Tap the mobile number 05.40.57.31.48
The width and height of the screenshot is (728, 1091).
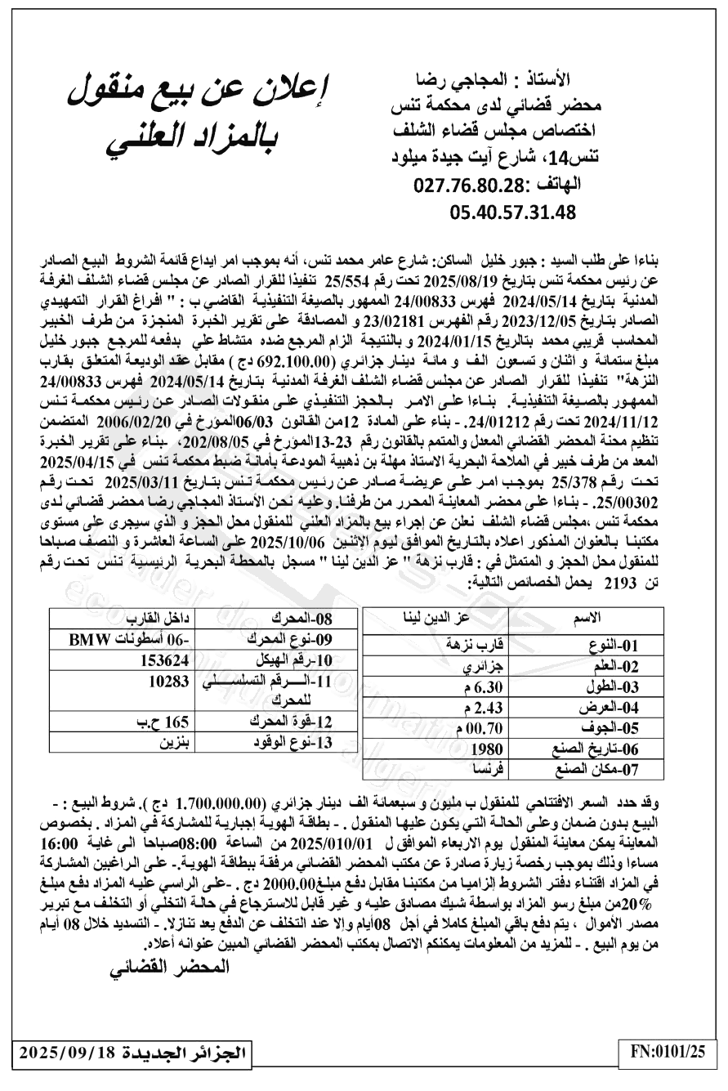coord(512,212)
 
